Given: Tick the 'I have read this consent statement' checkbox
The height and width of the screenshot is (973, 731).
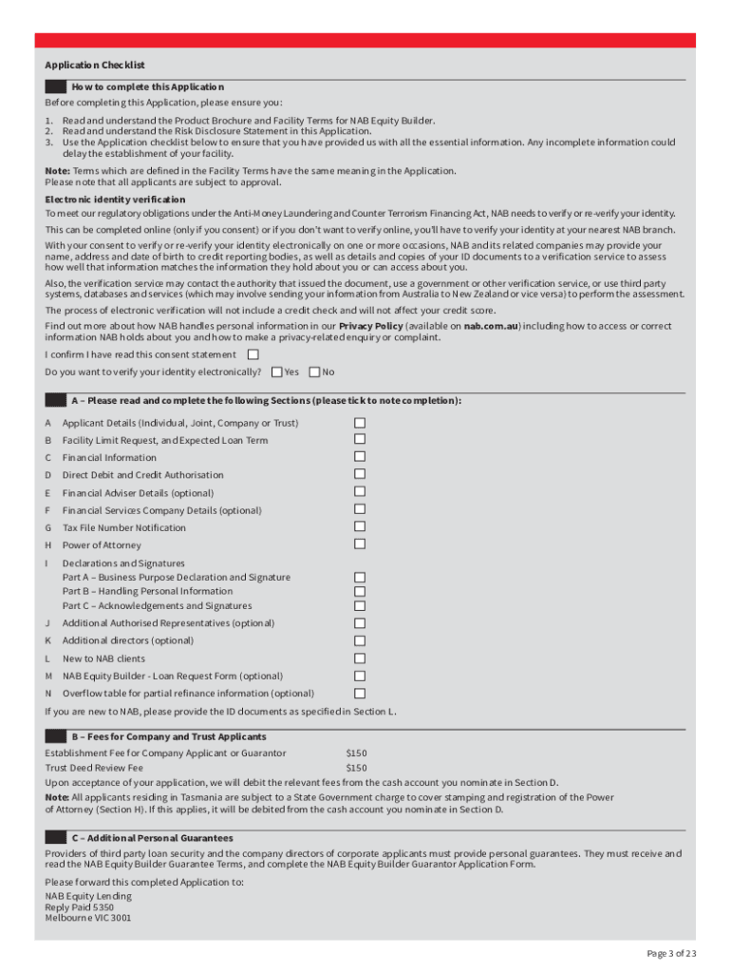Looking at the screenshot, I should click(253, 354).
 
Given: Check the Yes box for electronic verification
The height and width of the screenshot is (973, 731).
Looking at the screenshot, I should click(276, 372).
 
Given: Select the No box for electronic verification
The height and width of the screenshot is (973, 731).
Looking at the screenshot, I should click(314, 372).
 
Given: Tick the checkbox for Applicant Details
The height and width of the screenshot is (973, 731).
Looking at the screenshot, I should click(360, 422).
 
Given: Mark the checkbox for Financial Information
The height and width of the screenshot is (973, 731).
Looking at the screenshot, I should click(360, 457).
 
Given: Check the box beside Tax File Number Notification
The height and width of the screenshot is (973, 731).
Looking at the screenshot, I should click(360, 526).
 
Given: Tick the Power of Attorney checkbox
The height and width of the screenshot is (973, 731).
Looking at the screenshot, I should click(360, 544).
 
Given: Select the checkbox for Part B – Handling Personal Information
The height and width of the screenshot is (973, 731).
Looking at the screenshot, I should click(360, 591).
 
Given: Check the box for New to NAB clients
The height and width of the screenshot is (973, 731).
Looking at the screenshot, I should click(360, 658).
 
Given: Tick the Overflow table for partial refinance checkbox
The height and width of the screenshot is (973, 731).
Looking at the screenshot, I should click(360, 693).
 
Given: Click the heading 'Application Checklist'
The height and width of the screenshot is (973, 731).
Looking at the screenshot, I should click(94, 66).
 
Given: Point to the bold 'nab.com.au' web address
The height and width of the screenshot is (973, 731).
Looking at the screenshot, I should click(490, 326).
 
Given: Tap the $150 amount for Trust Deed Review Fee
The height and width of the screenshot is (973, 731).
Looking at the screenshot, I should click(356, 768).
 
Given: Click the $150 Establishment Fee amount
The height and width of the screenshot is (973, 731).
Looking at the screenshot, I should click(356, 754).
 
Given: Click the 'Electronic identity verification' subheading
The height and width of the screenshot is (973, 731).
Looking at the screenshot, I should click(115, 200).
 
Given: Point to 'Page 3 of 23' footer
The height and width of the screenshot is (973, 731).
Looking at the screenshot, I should click(671, 953).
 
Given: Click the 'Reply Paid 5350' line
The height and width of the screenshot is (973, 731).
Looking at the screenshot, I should click(79, 907).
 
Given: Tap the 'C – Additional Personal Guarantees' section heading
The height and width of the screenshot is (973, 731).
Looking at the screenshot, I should click(152, 838).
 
